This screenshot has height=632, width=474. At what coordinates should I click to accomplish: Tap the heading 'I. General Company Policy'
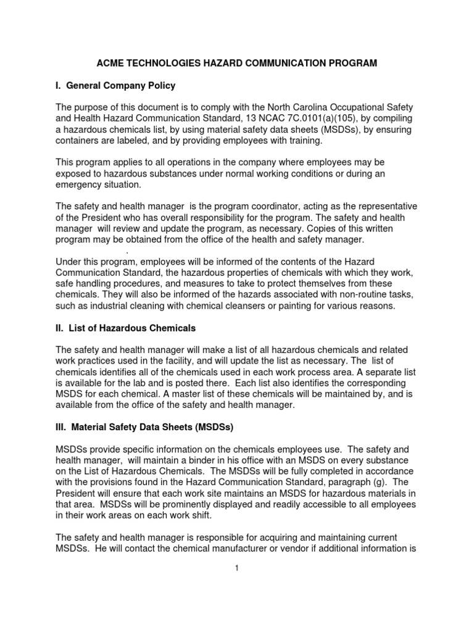[115, 86]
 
